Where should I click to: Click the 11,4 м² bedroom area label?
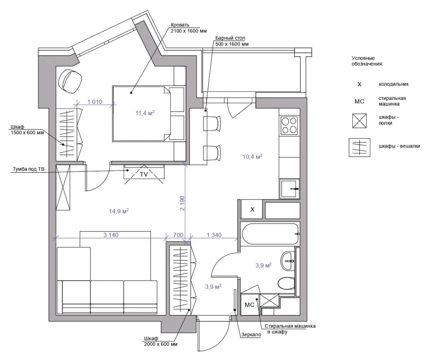click(x=145, y=112)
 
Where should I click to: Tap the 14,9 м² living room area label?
click(x=119, y=211)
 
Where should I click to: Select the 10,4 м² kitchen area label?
click(x=252, y=156)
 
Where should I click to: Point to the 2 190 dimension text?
click(x=182, y=203)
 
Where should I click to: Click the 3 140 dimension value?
click(x=111, y=235)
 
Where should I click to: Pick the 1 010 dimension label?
click(x=95, y=102)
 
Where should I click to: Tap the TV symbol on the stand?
click(x=144, y=174)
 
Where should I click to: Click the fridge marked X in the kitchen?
click(x=252, y=209)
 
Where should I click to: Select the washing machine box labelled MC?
click(x=250, y=305)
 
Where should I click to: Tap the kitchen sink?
click(x=289, y=189)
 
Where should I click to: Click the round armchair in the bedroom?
click(x=70, y=81)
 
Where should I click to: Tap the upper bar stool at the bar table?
click(x=212, y=123)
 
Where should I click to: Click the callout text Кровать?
click(x=180, y=25)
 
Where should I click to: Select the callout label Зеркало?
click(x=251, y=334)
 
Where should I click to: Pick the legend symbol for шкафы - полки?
click(x=360, y=121)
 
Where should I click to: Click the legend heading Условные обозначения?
click(x=367, y=61)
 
